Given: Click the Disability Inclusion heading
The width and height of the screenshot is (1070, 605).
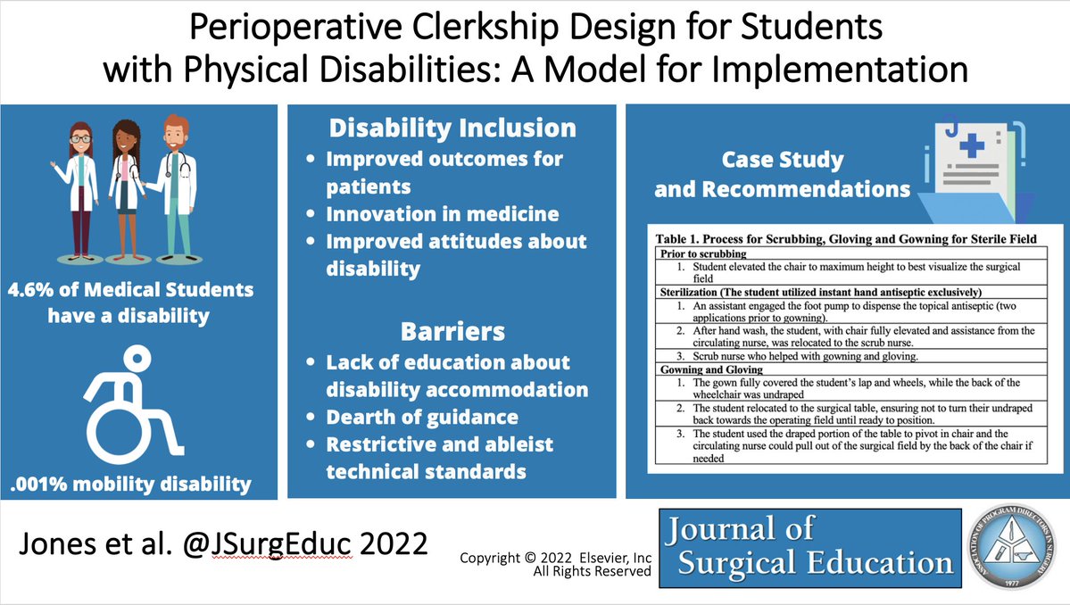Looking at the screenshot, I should pyautogui.click(x=452, y=128).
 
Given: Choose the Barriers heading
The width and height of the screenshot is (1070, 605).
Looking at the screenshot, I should pyautogui.click(x=452, y=331).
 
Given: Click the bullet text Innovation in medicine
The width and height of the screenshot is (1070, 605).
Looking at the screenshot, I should pyautogui.click(x=443, y=214).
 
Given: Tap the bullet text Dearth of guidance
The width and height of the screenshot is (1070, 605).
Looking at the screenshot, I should pyautogui.click(x=421, y=418).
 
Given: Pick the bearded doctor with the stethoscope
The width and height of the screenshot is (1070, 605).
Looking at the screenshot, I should pyautogui.click(x=175, y=183).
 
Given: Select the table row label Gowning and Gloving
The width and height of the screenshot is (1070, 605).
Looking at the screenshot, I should pyautogui.click(x=711, y=369).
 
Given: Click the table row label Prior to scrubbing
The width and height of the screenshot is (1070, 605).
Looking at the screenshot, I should pyautogui.click(x=702, y=254).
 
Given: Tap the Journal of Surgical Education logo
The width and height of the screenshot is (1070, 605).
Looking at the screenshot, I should pyautogui.click(x=810, y=547).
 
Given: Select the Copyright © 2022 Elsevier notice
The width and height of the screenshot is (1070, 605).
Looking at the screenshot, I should pyautogui.click(x=555, y=558).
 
